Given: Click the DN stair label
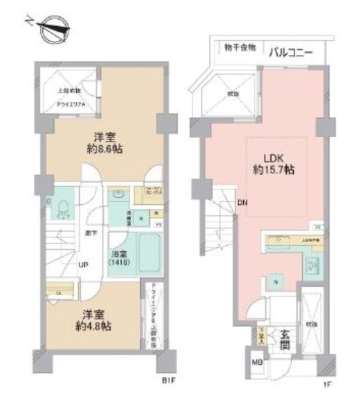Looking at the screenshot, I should pyautogui.click(x=242, y=204).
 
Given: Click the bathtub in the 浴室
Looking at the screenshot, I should pyautogui.click(x=148, y=254).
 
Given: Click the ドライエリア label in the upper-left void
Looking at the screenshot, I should pyautogui.click(x=71, y=105).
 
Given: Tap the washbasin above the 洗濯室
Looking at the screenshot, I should pyautogui.click(x=118, y=192).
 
